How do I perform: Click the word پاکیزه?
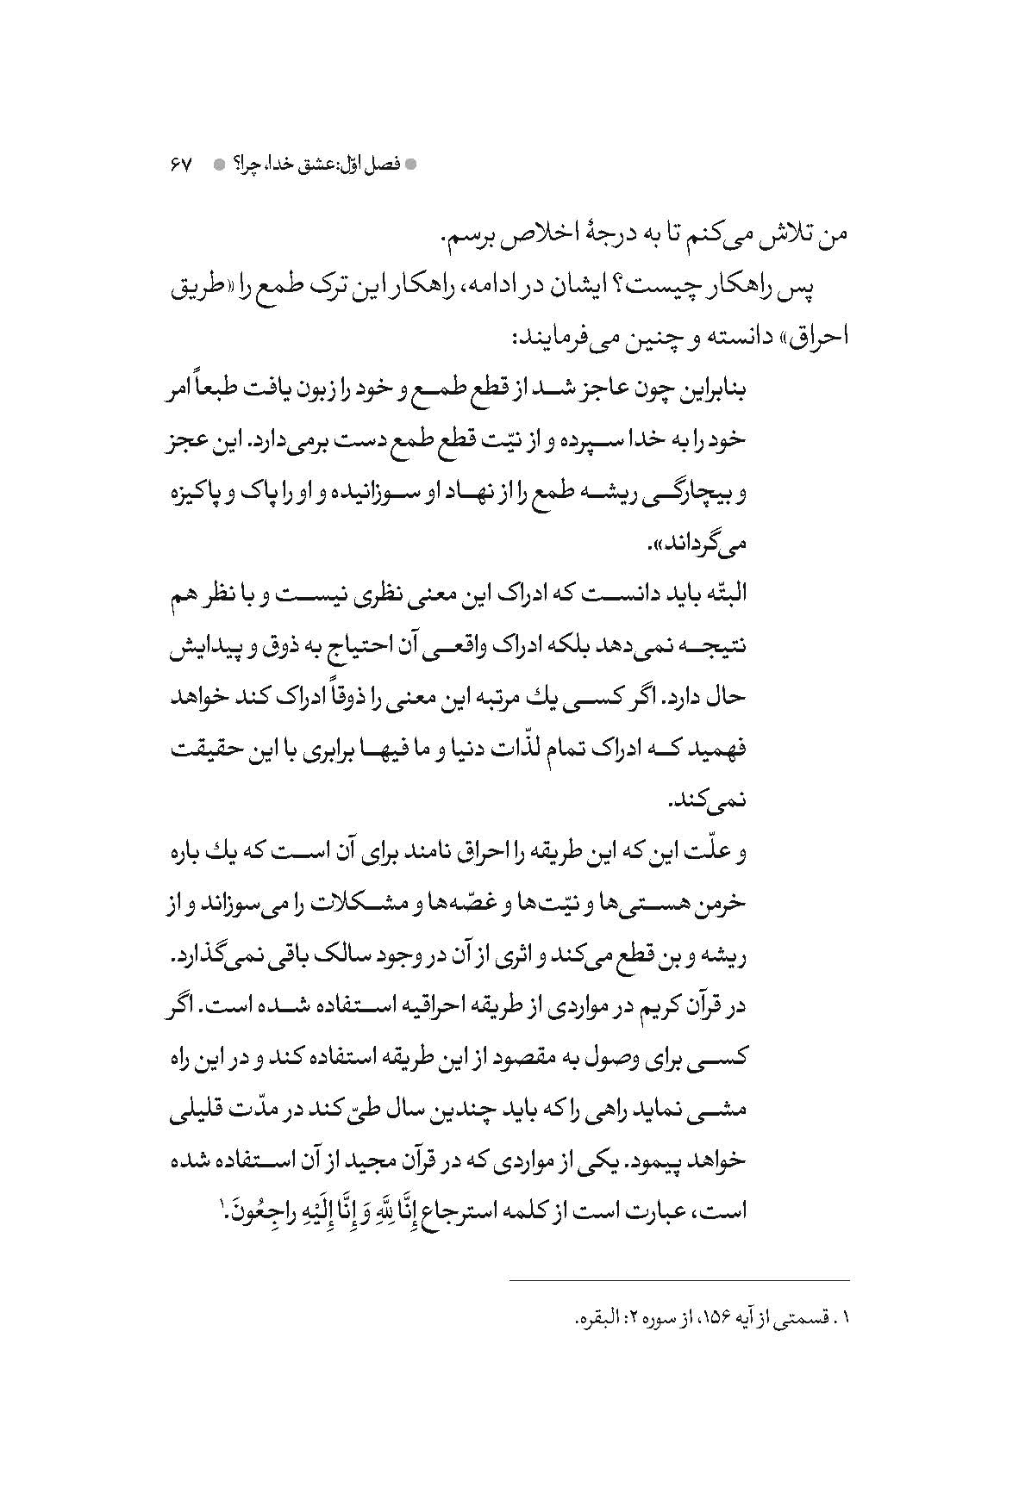pos(190,494)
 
